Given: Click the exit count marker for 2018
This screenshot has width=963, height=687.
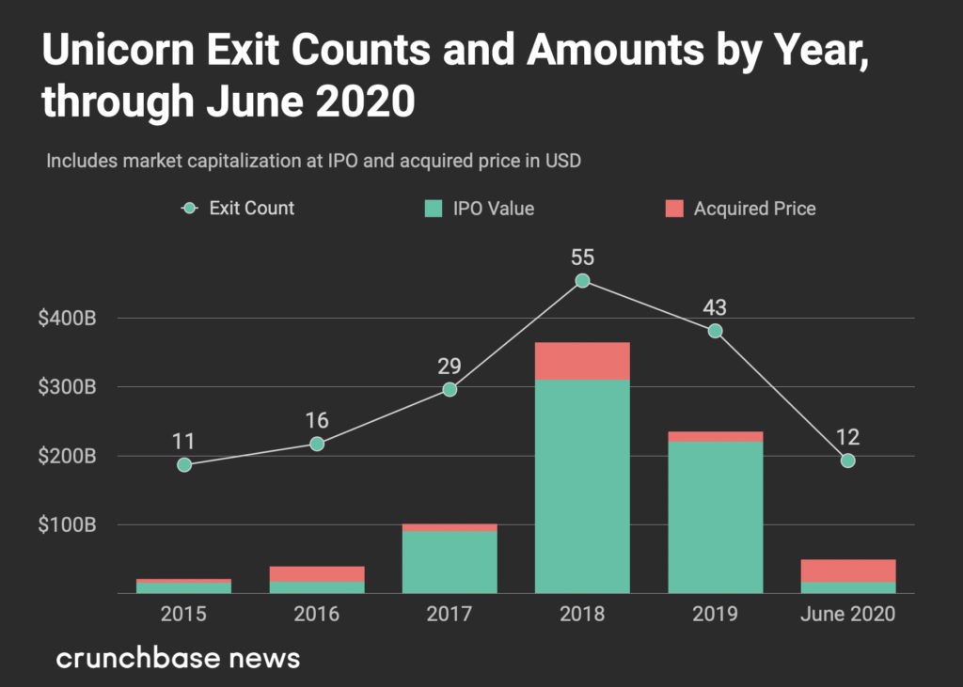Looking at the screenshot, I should click(x=582, y=281).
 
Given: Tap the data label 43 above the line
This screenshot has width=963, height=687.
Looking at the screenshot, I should click(x=715, y=307).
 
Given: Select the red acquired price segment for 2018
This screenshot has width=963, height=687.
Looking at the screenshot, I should click(x=582, y=361).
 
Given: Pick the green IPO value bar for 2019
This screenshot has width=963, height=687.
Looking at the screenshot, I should click(x=715, y=517).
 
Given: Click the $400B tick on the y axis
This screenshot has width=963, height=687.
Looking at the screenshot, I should click(x=67, y=319).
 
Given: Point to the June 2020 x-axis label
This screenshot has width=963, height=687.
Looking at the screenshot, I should click(x=847, y=616).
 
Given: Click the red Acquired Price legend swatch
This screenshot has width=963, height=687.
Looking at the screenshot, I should click(x=674, y=209).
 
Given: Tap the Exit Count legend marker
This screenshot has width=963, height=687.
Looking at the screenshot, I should click(x=191, y=209).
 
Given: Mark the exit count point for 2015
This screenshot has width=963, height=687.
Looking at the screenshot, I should click(x=184, y=465).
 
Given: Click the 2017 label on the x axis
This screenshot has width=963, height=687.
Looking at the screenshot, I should click(x=450, y=616).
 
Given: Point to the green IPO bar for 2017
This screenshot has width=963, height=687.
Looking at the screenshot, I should click(x=450, y=562).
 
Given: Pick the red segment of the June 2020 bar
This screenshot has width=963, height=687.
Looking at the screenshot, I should click(x=847, y=570).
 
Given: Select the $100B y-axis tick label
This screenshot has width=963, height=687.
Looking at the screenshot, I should click(x=67, y=525).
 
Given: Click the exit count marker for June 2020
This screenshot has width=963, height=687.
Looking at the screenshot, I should click(x=847, y=461).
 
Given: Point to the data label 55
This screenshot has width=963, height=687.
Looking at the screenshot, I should click(x=582, y=258).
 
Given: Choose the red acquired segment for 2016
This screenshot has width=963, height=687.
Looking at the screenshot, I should click(x=317, y=573).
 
